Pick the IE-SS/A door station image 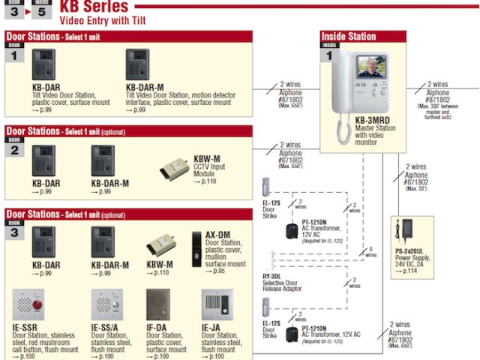coord(105,306)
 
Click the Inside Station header coord(349,36)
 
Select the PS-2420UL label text coord(410,252)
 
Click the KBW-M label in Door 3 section coord(159,265)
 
